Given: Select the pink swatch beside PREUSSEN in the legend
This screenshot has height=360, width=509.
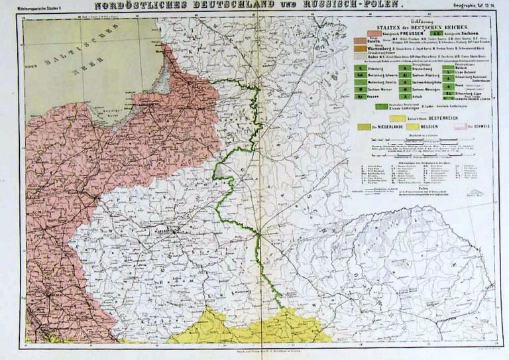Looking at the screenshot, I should [x=371, y=32].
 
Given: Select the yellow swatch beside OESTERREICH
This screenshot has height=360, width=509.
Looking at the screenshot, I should [x=384, y=116].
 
